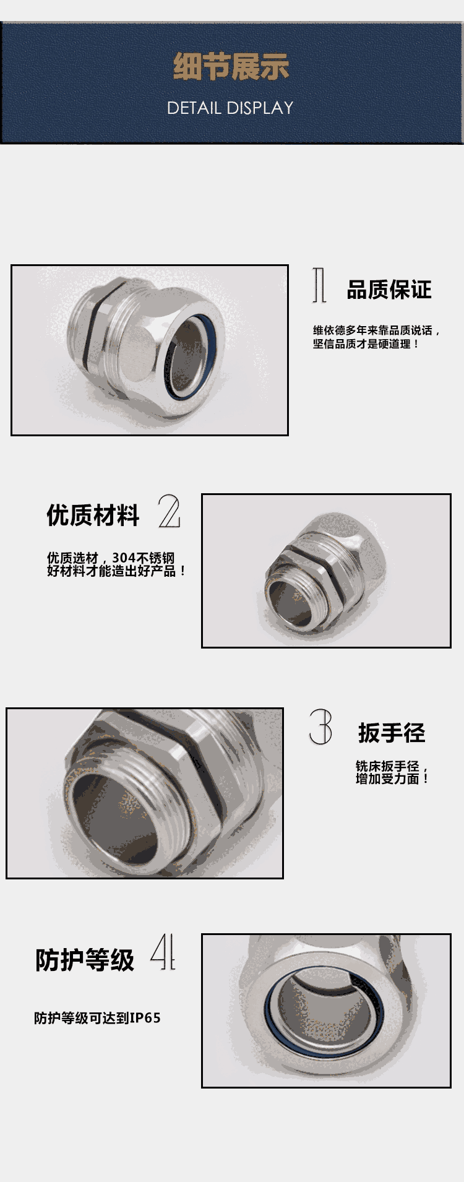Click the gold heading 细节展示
click(231, 67)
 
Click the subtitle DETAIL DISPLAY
click(230, 108)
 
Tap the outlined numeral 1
click(319, 285)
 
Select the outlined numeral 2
click(169, 511)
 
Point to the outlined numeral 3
click(320, 727)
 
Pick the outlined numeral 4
click(163, 952)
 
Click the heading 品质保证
click(389, 290)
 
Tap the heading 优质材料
click(93, 515)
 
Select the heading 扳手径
click(392, 733)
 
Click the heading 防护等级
click(85, 960)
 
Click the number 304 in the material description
click(124, 558)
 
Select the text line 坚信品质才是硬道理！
click(366, 344)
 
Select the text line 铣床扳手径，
click(392, 766)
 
